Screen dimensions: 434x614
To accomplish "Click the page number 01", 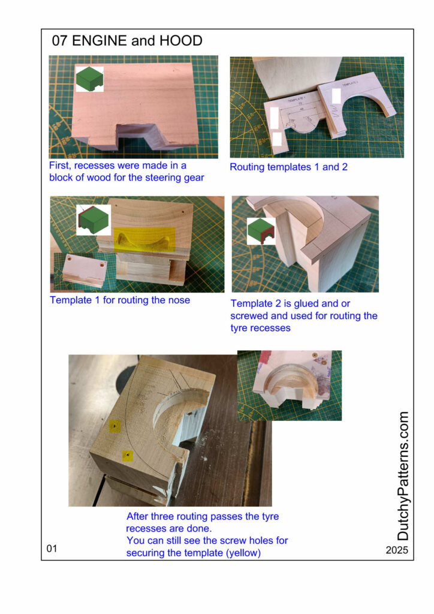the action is pyautogui.click(x=52, y=548).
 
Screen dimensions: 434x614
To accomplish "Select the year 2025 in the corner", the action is pyautogui.click(x=396, y=550).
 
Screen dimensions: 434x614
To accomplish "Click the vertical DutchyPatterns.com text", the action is pyautogui.click(x=403, y=475).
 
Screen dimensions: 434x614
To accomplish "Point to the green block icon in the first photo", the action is pyautogui.click(x=90, y=79).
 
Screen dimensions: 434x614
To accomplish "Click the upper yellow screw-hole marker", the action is pyautogui.click(x=114, y=426).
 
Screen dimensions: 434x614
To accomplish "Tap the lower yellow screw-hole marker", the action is pyautogui.click(x=128, y=456).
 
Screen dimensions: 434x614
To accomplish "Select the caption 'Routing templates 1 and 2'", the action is pyautogui.click(x=288, y=167).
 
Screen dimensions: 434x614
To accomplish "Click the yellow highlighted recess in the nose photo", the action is pyautogui.click(x=144, y=239).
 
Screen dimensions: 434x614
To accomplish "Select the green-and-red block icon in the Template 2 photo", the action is pyautogui.click(x=261, y=231).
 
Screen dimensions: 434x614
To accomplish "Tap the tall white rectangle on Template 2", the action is pyautogui.click(x=336, y=96).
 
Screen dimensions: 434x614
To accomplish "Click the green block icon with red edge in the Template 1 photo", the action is pyautogui.click(x=94, y=220).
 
